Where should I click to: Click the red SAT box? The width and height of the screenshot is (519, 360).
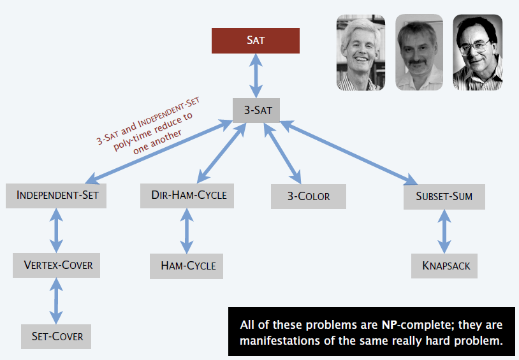pyautogui.click(x=256, y=41)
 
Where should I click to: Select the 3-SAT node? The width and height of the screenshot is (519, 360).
pyautogui.click(x=256, y=110)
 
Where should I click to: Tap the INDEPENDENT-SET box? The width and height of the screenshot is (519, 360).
pyautogui.click(x=56, y=196)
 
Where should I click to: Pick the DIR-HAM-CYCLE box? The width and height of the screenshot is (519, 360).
pyautogui.click(x=187, y=196)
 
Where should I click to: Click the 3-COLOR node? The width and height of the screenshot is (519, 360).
pyautogui.click(x=309, y=196)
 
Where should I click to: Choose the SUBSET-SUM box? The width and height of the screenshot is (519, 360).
pyautogui.click(x=444, y=197)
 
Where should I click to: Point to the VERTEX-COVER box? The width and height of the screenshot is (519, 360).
pyautogui.click(x=56, y=265)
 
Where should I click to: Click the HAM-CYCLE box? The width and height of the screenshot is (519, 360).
pyautogui.click(x=186, y=266)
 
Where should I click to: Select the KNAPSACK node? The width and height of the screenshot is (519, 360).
pyautogui.click(x=444, y=266)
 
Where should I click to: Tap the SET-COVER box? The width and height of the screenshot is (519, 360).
pyautogui.click(x=56, y=336)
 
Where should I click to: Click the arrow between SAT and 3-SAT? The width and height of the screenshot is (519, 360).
pyautogui.click(x=256, y=76)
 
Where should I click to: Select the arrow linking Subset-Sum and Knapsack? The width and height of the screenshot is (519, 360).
pyautogui.click(x=444, y=232)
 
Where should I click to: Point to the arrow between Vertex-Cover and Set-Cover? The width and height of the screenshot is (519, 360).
pyautogui.click(x=56, y=301)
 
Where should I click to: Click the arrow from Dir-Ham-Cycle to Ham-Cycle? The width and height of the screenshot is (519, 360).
pyautogui.click(x=187, y=231)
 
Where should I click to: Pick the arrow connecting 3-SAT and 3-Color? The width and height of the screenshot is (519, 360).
pyautogui.click(x=282, y=154)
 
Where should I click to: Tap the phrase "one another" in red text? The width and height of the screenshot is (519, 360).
pyautogui.click(x=157, y=142)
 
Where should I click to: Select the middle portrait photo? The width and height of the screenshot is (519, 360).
pyautogui.click(x=419, y=52)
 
